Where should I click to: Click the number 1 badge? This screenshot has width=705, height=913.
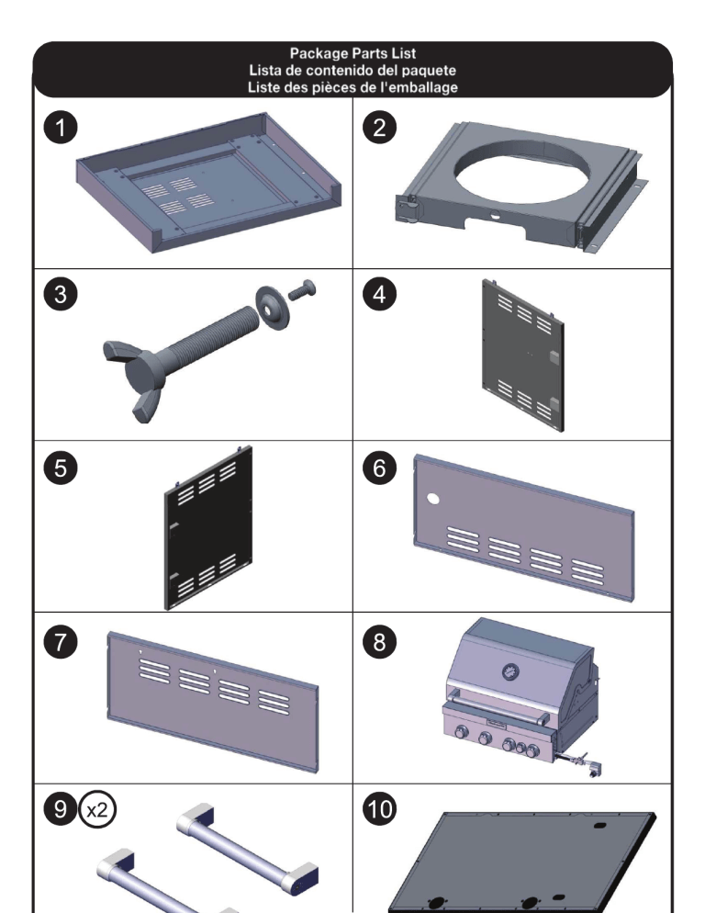[x=61, y=128]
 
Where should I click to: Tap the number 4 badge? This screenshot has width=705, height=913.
[x=379, y=294]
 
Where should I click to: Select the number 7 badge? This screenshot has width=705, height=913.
[x=61, y=642]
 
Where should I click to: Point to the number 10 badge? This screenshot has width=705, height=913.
[x=379, y=809]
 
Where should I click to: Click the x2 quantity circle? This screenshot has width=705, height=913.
[x=97, y=809]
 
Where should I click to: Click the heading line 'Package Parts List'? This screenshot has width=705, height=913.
[x=352, y=53]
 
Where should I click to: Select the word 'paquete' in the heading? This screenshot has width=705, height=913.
[x=429, y=71]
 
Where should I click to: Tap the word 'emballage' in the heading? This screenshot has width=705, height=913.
[x=422, y=88]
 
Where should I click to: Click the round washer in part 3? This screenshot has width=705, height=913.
[x=273, y=308]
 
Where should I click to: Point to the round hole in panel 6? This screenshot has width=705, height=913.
[x=433, y=499]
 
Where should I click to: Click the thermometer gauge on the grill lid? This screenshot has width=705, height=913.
[x=510, y=672]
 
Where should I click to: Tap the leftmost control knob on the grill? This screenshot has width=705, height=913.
[x=461, y=732]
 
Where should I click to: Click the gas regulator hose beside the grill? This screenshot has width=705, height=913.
[x=578, y=762]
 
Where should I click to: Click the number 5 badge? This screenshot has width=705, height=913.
[x=61, y=468]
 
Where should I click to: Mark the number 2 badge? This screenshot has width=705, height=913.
[x=379, y=128]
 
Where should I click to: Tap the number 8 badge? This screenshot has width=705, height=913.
[x=379, y=642]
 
